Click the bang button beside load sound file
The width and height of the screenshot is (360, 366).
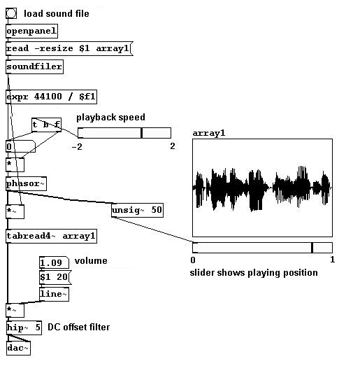coord(11,13)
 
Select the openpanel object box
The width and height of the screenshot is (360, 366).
coord(31,31)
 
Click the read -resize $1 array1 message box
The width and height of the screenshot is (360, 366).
coord(69,49)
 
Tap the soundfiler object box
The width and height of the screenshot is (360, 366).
coord(34,66)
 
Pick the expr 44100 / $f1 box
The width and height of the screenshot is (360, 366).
coord(51,97)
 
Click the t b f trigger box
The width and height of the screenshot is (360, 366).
coord(46,125)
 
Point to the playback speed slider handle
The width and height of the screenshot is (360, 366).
coord(141,133)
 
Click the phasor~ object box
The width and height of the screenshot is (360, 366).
coord(26,184)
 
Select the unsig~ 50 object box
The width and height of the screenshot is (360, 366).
coord(137,210)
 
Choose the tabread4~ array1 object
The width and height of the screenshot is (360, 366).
coord(51,236)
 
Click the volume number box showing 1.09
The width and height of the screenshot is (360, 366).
coord(54,263)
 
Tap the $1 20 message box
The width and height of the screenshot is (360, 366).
coord(55,278)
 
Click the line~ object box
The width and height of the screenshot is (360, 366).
coord(54,294)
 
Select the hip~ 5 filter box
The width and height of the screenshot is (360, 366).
coord(24,328)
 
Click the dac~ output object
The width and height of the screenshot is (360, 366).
coord(18,348)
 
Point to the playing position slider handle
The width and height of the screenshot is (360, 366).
coord(312,248)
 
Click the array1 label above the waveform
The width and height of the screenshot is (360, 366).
coord(209,133)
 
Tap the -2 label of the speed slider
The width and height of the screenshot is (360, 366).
coord(77,147)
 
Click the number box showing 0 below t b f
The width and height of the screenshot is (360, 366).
coord(20,146)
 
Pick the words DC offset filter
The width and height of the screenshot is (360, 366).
coord(78,328)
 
